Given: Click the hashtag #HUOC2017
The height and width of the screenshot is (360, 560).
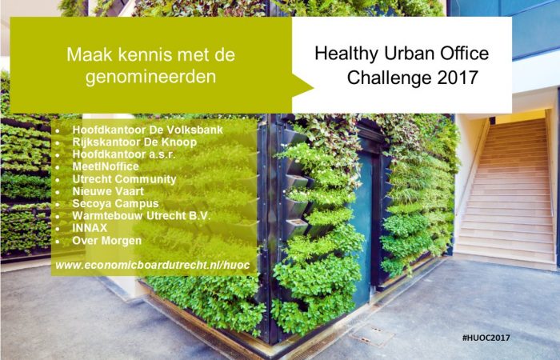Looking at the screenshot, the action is click(x=486, y=338).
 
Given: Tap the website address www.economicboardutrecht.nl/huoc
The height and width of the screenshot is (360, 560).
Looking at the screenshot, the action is click(x=153, y=266).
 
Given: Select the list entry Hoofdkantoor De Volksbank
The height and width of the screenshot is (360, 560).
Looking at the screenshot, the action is click(x=147, y=130).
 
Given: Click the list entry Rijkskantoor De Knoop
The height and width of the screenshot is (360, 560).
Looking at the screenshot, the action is click(x=134, y=142).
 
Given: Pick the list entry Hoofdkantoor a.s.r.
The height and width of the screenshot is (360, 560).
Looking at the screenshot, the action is click(x=123, y=154).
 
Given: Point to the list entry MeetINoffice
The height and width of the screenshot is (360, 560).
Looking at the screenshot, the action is click(x=106, y=166).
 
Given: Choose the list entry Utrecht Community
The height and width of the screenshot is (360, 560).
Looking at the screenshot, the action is click(x=124, y=179).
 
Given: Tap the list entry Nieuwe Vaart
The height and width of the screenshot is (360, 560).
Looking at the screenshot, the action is click(x=108, y=191).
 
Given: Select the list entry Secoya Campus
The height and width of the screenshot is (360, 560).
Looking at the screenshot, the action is click(x=115, y=203).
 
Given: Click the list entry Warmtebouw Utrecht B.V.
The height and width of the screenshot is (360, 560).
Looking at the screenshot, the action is click(x=141, y=216).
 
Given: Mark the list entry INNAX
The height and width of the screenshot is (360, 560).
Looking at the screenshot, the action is click(x=90, y=228).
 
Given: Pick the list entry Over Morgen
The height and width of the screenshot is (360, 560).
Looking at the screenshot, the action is click(x=106, y=240).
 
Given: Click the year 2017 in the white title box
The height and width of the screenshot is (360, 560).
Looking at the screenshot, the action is click(x=458, y=78).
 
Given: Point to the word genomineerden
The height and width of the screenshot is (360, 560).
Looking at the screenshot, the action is click(x=150, y=77).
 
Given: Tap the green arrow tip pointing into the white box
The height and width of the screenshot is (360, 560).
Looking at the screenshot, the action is click(x=313, y=87).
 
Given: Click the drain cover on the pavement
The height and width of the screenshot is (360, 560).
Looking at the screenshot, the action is click(x=372, y=335).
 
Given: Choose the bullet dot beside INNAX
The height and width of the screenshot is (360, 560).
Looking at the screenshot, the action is click(x=58, y=229).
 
